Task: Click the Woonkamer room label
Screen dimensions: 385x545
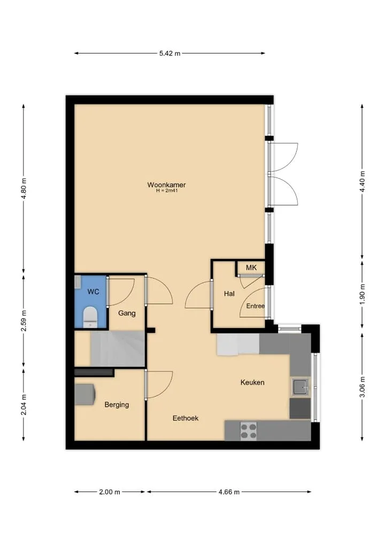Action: point(166,185)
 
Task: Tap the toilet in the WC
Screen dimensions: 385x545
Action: point(90,317)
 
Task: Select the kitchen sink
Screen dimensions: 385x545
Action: point(300,387)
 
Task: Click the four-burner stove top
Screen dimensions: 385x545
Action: point(249,431)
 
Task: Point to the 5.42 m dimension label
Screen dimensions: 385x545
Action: point(170,53)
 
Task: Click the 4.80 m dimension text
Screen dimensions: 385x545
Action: point(24,188)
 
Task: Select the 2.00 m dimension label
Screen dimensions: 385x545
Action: point(110,492)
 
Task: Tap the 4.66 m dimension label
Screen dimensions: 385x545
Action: point(229,492)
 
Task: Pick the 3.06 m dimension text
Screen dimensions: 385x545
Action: point(362,387)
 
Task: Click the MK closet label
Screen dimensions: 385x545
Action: point(251,267)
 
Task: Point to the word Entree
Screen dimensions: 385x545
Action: point(256,306)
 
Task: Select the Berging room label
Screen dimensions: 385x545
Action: point(117,404)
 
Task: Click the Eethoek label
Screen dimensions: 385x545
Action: point(186,418)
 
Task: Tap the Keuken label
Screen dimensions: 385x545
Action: point(252,382)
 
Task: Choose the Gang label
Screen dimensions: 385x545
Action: point(127,313)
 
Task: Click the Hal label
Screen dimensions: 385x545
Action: point(229,294)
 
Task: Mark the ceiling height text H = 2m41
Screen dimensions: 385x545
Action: point(167,190)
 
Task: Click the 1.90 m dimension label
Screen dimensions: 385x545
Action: point(362,294)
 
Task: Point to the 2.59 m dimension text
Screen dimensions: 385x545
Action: point(24,320)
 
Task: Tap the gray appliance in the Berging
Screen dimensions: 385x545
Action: point(85,394)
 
